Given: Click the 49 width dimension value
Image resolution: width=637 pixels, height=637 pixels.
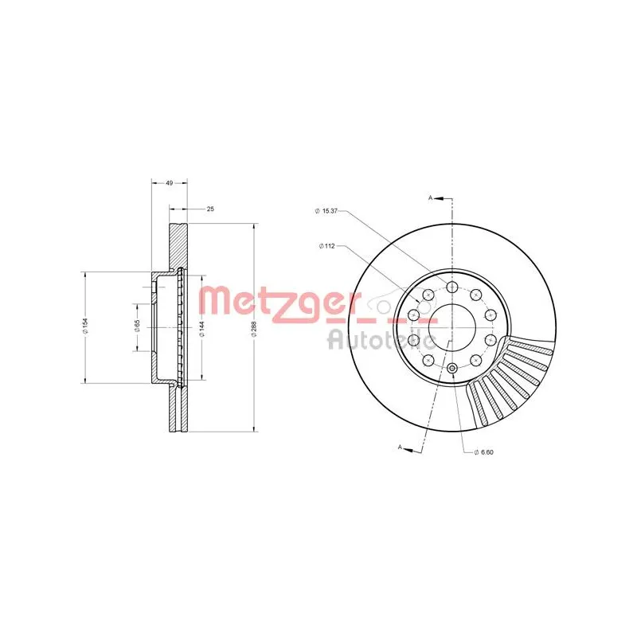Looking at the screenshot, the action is pos(170,183).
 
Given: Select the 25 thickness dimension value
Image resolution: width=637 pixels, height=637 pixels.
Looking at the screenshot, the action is pos(210,209).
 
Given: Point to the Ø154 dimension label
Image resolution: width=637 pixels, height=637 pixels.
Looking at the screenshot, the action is pos(85,326).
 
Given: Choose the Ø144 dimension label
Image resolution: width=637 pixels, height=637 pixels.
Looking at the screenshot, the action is pos(201,328).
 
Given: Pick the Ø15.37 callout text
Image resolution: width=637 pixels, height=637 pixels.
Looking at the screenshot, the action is pos(326,211).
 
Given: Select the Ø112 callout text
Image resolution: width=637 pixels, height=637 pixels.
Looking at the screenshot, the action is pos(326,246).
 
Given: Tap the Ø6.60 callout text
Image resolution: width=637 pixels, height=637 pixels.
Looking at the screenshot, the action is pos(483,452).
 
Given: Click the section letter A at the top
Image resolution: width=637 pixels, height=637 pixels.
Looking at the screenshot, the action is pos(431,197).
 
